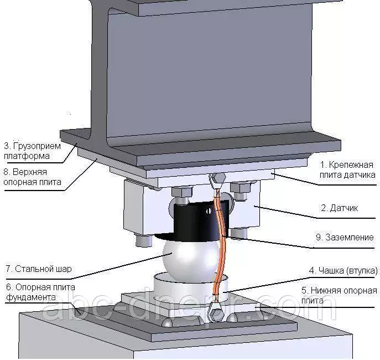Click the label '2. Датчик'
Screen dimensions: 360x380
(x=339, y=209)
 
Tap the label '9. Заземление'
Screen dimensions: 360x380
(x=344, y=238)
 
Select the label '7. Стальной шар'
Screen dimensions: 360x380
(x=38, y=270)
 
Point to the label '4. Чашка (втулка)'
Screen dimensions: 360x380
(x=343, y=271)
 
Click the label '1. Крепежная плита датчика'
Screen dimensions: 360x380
(x=348, y=169)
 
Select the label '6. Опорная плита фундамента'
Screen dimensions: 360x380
(x=38, y=291)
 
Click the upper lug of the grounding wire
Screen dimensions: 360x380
(x=216, y=179)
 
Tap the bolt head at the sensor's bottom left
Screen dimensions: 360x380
(x=143, y=241)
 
